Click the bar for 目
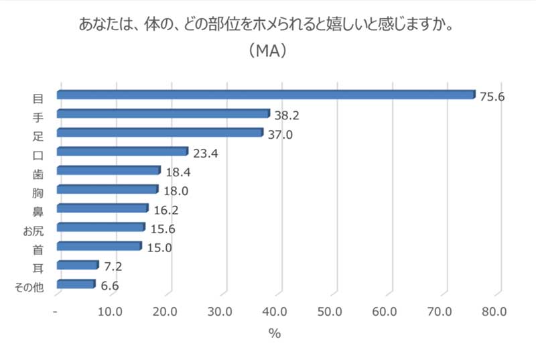(x=266, y=95)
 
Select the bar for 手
(x=163, y=113)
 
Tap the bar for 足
(x=160, y=132)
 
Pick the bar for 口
(x=123, y=151)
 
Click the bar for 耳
(x=78, y=265)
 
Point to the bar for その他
(x=76, y=284)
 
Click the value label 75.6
(x=492, y=97)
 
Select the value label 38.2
(x=287, y=115)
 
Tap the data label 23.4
(x=206, y=154)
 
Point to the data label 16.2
(x=166, y=211)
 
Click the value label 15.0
(x=159, y=247)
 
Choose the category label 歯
(x=38, y=174)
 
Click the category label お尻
(x=33, y=231)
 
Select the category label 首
(x=38, y=250)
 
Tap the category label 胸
(x=38, y=193)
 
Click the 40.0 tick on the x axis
(x=275, y=312)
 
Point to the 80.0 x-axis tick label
(x=494, y=312)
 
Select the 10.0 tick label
(x=110, y=312)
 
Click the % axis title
(x=275, y=333)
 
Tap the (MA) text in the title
(x=267, y=51)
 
